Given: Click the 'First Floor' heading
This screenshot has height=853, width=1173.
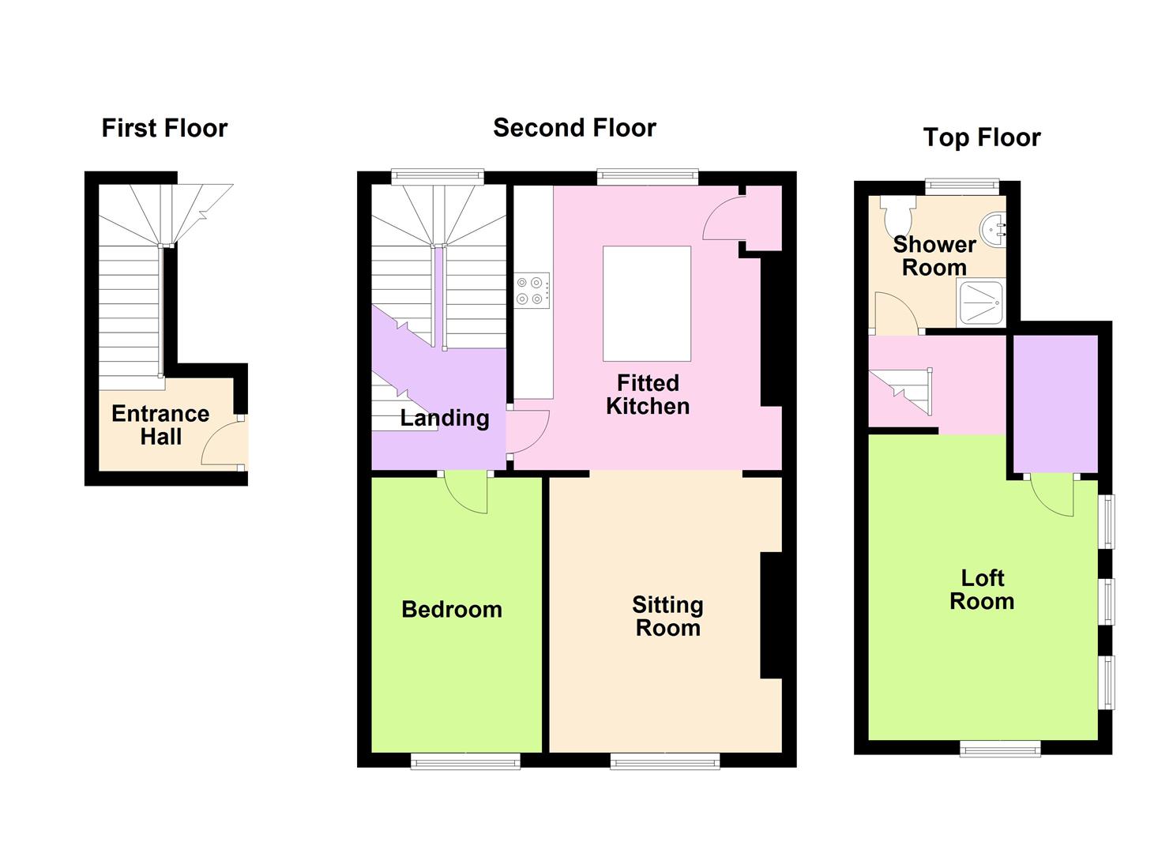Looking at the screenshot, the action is (x=164, y=128).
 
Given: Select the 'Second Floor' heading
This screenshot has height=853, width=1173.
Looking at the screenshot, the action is (x=574, y=128).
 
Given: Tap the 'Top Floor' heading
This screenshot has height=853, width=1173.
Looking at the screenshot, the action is (x=982, y=137).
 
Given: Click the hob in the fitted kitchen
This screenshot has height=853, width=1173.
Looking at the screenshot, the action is (x=532, y=291).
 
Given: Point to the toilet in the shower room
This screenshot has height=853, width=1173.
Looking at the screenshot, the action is (x=898, y=215).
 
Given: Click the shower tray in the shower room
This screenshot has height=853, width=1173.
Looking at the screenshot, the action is (x=981, y=302).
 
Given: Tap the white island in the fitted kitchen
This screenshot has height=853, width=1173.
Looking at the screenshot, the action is (x=647, y=304).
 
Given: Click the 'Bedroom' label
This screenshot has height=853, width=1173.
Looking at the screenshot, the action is (x=452, y=610).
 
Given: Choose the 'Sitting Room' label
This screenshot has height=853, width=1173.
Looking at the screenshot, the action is (x=667, y=616).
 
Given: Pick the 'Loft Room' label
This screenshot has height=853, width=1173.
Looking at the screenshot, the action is (x=982, y=590).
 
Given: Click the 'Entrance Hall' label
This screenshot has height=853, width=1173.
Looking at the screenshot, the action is (x=161, y=425).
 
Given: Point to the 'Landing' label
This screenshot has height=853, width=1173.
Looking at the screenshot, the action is (x=445, y=419).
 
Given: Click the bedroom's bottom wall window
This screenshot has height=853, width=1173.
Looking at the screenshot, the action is (x=465, y=761).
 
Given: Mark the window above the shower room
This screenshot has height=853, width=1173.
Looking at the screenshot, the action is (x=962, y=187).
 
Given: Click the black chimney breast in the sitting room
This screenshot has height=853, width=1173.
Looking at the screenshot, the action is (x=771, y=615).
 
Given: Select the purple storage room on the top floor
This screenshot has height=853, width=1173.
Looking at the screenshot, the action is (x=1055, y=404).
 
